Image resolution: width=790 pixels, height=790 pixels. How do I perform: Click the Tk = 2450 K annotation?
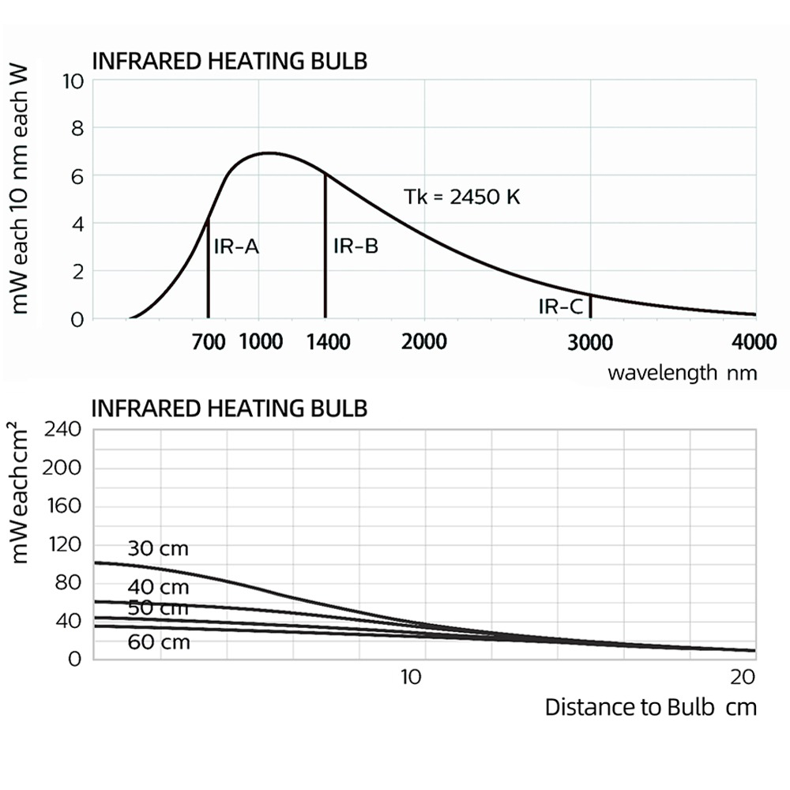(462, 197)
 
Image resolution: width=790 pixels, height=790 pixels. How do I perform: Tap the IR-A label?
(236, 246)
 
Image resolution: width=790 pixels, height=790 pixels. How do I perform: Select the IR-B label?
(355, 246)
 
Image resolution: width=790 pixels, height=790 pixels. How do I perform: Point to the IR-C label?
(561, 307)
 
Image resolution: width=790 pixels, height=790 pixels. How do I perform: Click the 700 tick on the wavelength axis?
(209, 342)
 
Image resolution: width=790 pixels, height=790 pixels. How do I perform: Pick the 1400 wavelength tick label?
(328, 342)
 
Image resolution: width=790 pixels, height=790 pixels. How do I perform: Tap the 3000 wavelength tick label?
(591, 342)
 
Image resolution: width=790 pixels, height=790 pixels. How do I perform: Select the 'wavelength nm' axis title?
(682, 373)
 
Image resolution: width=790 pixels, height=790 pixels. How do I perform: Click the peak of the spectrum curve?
(269, 153)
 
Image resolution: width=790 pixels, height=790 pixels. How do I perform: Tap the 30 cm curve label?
(158, 548)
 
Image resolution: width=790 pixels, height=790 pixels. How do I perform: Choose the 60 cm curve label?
(159, 642)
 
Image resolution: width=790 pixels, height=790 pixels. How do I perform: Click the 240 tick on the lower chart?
(66, 430)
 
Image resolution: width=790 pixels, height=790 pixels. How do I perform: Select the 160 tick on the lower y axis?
(66, 506)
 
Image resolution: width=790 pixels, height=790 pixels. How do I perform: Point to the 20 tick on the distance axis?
(742, 677)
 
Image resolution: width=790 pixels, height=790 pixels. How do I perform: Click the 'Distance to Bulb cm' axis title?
(650, 706)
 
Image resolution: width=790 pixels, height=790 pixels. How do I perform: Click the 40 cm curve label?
(159, 587)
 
